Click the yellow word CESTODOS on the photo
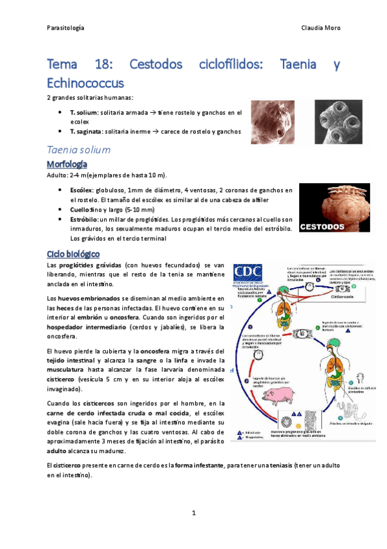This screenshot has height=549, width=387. point(322,227)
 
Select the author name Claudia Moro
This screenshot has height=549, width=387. point(321,28)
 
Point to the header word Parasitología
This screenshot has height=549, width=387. point(66,28)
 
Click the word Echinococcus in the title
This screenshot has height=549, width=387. point(85,83)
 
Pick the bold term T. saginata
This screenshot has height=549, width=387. point(87,131)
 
